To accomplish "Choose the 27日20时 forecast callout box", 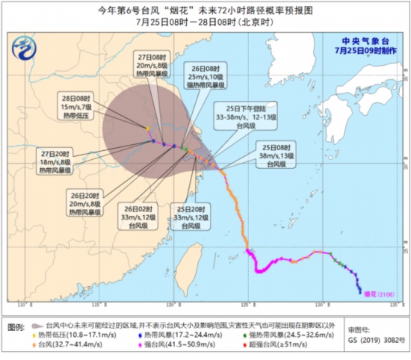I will point(67,160).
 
